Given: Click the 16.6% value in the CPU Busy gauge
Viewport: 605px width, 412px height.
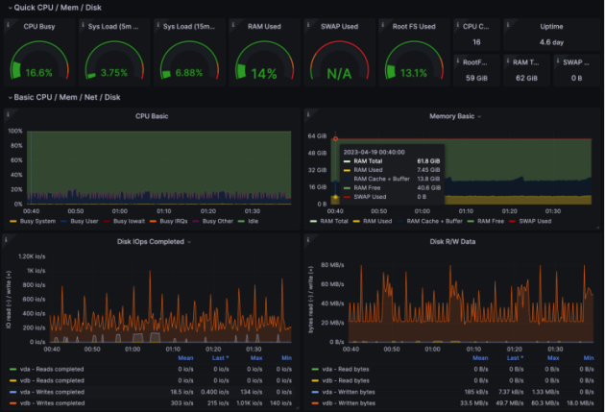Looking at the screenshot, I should [38, 73].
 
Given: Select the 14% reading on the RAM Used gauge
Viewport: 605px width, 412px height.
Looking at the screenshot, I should [263, 73].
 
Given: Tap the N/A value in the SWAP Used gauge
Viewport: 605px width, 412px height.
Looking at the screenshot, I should [338, 73].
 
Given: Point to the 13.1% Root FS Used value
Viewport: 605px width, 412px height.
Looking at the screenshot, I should [413, 73].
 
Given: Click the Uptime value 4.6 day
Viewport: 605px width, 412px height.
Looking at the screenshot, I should [551, 42].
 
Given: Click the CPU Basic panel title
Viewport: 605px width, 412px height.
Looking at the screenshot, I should [151, 116].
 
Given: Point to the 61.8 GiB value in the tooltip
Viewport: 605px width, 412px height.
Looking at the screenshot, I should [428, 160].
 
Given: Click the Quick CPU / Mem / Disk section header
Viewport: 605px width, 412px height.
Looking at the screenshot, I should [52, 8].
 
